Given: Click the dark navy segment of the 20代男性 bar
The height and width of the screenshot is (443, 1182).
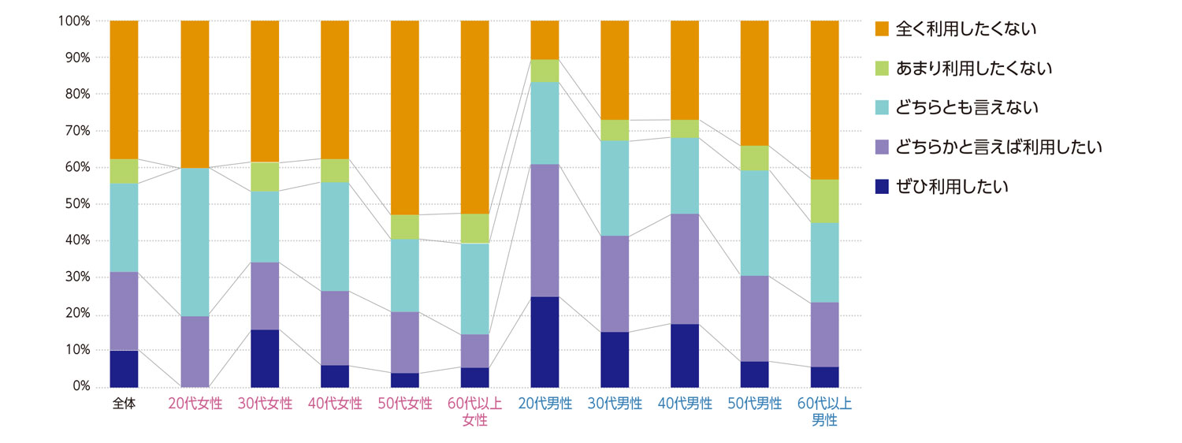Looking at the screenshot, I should [545, 341].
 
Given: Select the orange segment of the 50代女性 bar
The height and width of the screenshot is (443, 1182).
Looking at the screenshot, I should [405, 117].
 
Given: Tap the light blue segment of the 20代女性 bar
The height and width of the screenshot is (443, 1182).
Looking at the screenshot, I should [195, 242].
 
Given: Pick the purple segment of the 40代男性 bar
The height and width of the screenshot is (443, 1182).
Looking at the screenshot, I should [685, 269].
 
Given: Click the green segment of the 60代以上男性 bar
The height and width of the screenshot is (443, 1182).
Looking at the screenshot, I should [824, 201].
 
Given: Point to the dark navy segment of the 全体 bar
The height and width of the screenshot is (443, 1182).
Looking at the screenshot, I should [124, 368].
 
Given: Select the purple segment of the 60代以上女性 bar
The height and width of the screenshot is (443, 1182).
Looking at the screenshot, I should [474, 351].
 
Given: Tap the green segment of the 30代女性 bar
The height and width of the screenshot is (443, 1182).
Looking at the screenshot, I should [265, 177].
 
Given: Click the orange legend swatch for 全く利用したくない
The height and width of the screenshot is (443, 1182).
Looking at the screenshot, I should [883, 29].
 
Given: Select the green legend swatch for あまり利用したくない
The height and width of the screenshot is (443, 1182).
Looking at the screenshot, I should [883, 69].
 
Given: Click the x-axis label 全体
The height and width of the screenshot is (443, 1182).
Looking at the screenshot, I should [124, 404].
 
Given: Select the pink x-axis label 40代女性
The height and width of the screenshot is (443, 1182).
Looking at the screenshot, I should [335, 404].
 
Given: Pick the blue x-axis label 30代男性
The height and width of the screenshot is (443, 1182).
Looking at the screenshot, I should [615, 404].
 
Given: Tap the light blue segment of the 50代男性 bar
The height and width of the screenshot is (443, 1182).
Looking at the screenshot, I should [754, 222].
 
